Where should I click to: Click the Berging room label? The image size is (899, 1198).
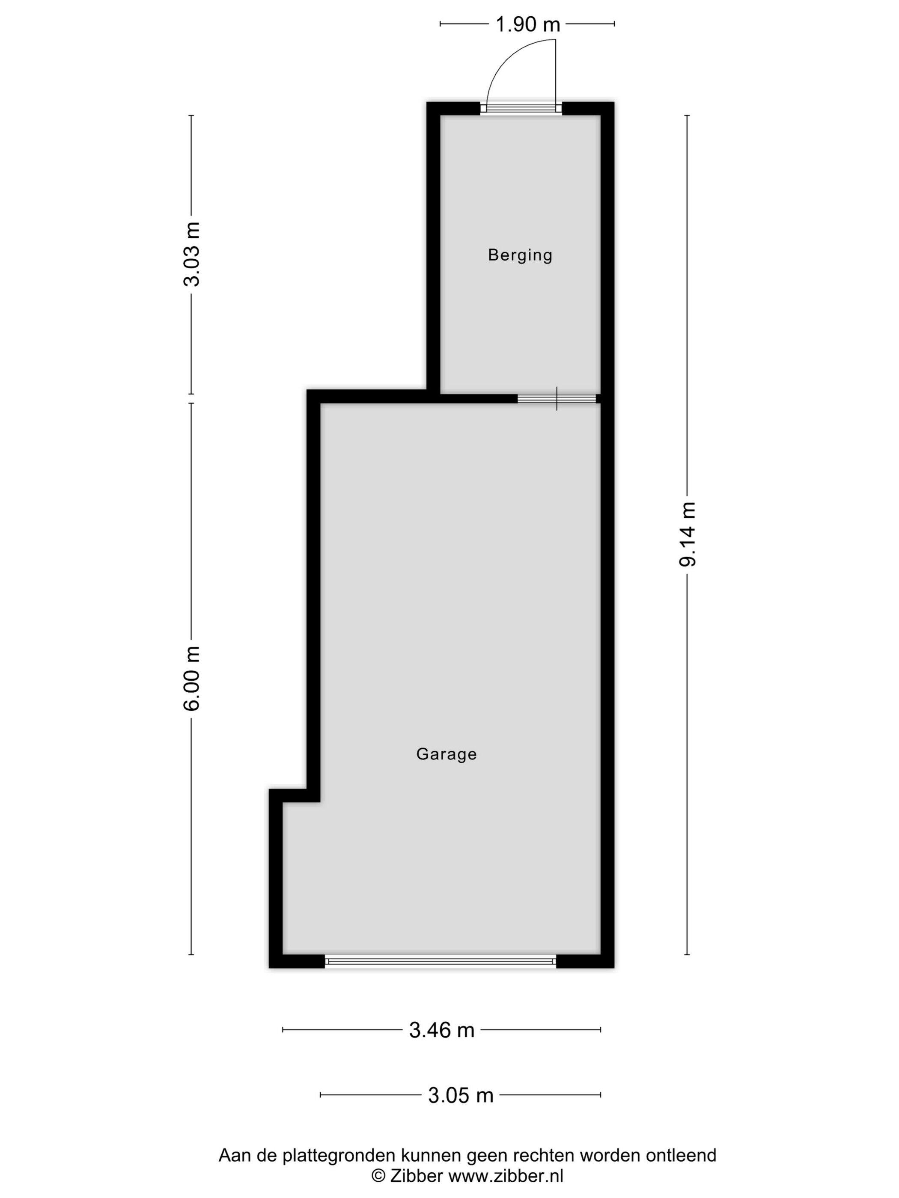pos(520,255)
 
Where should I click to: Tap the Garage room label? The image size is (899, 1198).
pos(446,754)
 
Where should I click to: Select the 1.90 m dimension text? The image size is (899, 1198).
pos(528,24)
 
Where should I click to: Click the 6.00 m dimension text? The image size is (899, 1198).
pos(191,678)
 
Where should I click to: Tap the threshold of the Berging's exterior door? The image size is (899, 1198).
pos(521,108)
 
